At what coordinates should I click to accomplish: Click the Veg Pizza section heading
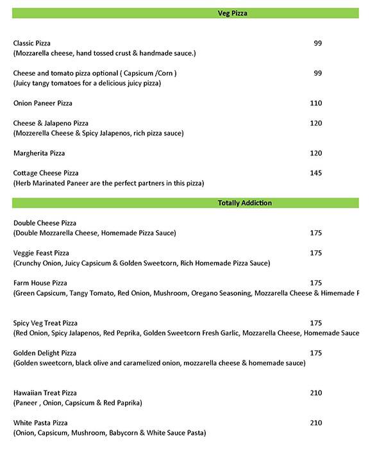click(x=232, y=13)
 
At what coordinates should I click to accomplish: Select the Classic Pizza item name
click(x=32, y=43)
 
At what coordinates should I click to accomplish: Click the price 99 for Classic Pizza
click(x=317, y=43)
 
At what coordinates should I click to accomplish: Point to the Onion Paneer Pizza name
click(x=43, y=103)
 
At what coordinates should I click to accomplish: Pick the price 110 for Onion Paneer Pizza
click(x=315, y=103)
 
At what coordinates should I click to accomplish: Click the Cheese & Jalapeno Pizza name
click(x=51, y=123)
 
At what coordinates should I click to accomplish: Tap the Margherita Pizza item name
click(x=39, y=153)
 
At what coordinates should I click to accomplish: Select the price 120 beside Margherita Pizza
click(x=315, y=153)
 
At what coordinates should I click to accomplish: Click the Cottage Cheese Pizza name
click(x=46, y=173)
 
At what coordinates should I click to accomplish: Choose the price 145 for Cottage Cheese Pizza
click(x=315, y=173)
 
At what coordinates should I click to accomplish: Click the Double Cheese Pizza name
click(x=45, y=223)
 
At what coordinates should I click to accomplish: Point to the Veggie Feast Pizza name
click(x=41, y=253)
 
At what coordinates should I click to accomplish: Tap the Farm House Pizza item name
click(x=40, y=283)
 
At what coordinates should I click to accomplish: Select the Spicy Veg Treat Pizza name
click(x=46, y=323)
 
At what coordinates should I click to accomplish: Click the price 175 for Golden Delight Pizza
click(x=315, y=353)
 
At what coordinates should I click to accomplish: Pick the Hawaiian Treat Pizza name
click(x=45, y=393)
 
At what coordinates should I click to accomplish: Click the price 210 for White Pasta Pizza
click(x=315, y=423)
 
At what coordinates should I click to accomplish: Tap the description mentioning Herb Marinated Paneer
click(x=108, y=183)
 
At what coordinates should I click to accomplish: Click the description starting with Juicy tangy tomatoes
click(x=87, y=83)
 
